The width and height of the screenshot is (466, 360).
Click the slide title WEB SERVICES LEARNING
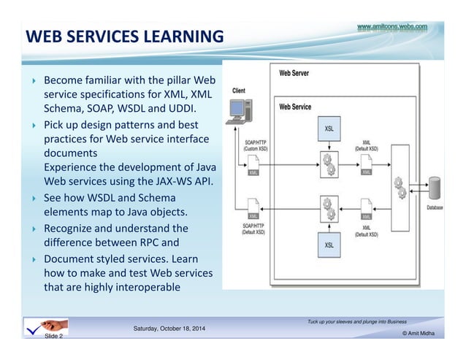coord(124,36)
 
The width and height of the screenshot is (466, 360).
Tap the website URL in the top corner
coord(391,27)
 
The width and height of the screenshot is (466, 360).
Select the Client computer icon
coord(237,110)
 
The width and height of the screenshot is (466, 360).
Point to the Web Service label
coord(295,107)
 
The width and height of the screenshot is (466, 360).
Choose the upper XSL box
coord(329,129)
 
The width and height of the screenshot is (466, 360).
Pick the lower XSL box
coord(329,245)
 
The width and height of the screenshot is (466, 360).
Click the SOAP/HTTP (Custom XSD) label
coord(255,145)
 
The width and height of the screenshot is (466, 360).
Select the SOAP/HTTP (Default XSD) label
coord(255,229)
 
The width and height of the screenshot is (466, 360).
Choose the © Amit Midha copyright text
coord(418,333)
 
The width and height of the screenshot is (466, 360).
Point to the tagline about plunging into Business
coord(358,321)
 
